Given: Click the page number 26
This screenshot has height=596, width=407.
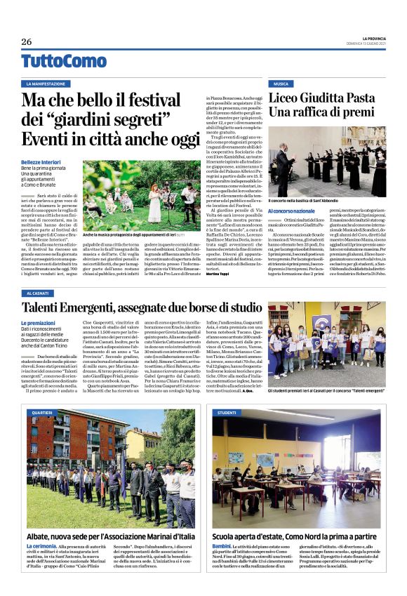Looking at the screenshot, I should pyautogui.click(x=27, y=41).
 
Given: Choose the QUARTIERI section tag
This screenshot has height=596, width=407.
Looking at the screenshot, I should pyautogui.click(x=41, y=413).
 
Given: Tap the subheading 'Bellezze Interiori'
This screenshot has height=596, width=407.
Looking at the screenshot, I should pyautogui.click(x=44, y=161).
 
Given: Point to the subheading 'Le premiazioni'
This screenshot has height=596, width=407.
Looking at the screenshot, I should pyautogui.click(x=40, y=323).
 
